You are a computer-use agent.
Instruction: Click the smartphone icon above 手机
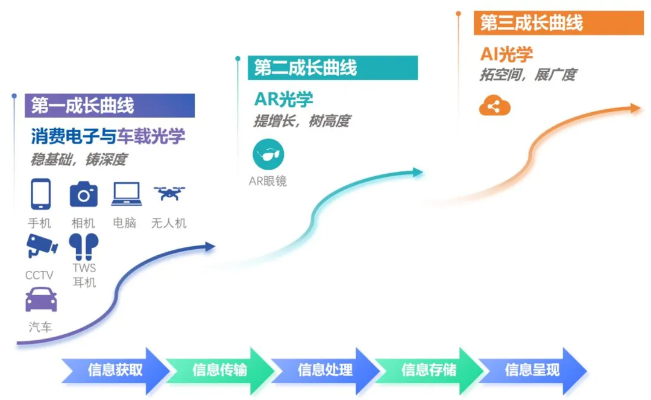coord(40,194)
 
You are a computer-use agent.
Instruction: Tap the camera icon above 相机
coord(83,194)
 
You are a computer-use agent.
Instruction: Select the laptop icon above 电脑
coord(126,194)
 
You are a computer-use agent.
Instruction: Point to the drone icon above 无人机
coord(169,193)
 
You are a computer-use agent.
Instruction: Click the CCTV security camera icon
coord(41,246)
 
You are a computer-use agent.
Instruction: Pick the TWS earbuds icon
coord(84,246)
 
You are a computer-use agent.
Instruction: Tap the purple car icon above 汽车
coord(41,299)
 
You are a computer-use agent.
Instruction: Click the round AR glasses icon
coord(268,155)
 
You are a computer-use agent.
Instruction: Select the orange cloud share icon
coord(495,107)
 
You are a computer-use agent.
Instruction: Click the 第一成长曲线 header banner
coord(110,106)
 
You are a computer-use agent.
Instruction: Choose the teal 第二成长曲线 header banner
coord(333,68)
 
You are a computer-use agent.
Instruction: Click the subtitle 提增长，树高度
coord(301,121)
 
